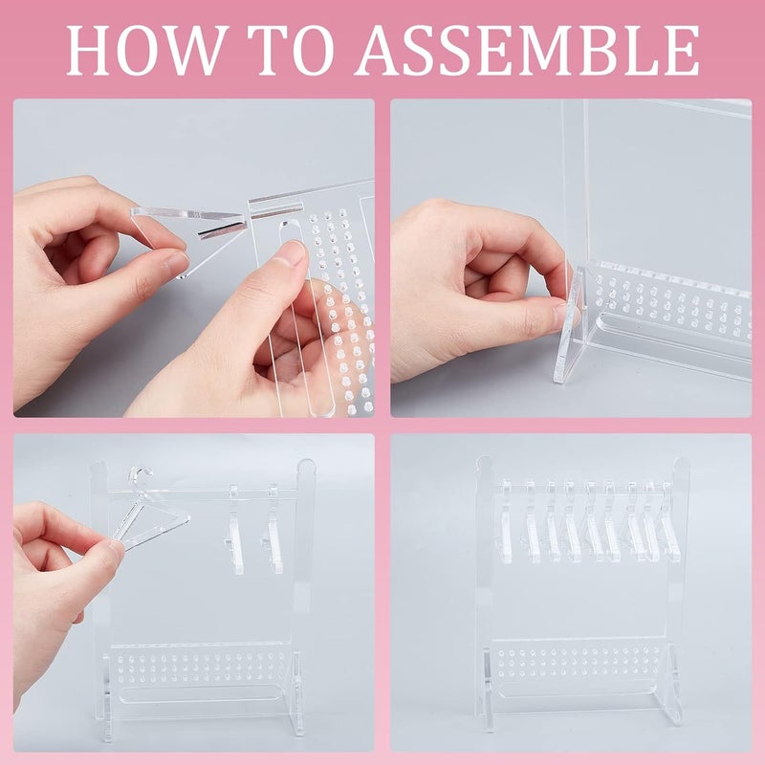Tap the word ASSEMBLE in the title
[x=536, y=49]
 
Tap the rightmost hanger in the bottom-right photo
[x=670, y=521]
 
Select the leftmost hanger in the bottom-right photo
[x=504, y=521]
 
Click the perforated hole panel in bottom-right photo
[x=583, y=664]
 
